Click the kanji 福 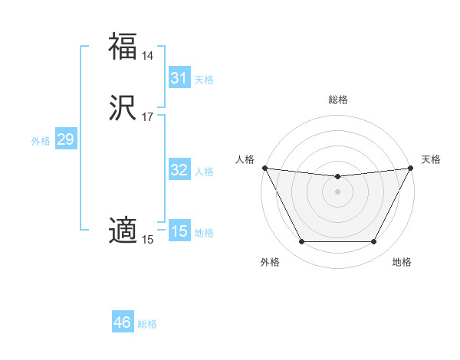pyautogui.click(x=123, y=46)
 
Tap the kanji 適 pyautogui.click(x=123, y=230)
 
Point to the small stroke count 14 pyautogui.click(x=147, y=56)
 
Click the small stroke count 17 pyautogui.click(x=147, y=117)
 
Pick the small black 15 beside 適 pyautogui.click(x=147, y=240)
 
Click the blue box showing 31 pyautogui.click(x=179, y=78)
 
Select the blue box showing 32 pyautogui.click(x=179, y=170)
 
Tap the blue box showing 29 pyautogui.click(x=65, y=139)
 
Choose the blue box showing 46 pyautogui.click(x=122, y=322)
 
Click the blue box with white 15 pyautogui.click(x=179, y=231)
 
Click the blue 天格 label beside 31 pyautogui.click(x=204, y=80)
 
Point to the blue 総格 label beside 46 pyautogui.click(x=147, y=324)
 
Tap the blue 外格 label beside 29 pyautogui.click(x=41, y=141)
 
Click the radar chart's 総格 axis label pyautogui.click(x=337, y=100)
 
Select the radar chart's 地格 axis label pyautogui.click(x=402, y=262)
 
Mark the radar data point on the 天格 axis pyautogui.click(x=411, y=168)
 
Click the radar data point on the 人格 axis pyautogui.click(x=264, y=168)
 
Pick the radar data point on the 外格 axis pyautogui.click(x=301, y=242)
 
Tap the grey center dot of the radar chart pyautogui.click(x=337, y=191)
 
